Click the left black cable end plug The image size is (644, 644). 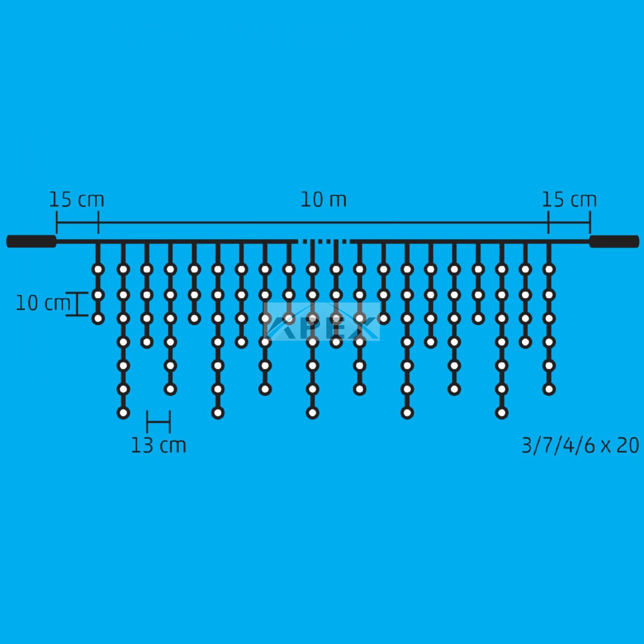31,241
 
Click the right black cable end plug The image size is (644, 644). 614,241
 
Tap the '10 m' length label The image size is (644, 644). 324,199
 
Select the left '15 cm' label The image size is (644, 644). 77,199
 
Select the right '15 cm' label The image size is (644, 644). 569,199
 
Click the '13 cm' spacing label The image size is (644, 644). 158,445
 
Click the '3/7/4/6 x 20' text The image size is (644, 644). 580,445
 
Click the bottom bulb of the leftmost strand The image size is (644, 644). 97,318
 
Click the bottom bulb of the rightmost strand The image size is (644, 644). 549,389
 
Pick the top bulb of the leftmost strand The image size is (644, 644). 97,269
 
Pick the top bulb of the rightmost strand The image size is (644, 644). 549,269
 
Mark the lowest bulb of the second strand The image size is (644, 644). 123,413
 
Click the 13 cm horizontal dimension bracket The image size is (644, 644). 158,422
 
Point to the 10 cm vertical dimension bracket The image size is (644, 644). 77,304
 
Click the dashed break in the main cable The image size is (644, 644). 324,241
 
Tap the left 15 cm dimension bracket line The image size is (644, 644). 77,223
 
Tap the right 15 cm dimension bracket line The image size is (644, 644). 569,223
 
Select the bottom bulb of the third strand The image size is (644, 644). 147,341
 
